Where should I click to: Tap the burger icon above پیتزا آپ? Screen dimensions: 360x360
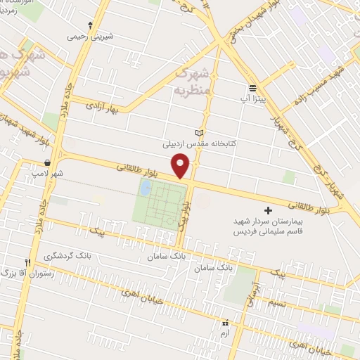252,87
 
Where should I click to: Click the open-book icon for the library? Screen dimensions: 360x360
198,133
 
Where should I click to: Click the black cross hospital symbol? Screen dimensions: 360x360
267,210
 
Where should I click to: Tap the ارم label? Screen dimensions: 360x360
225,334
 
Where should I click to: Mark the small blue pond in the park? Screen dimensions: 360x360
146,188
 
